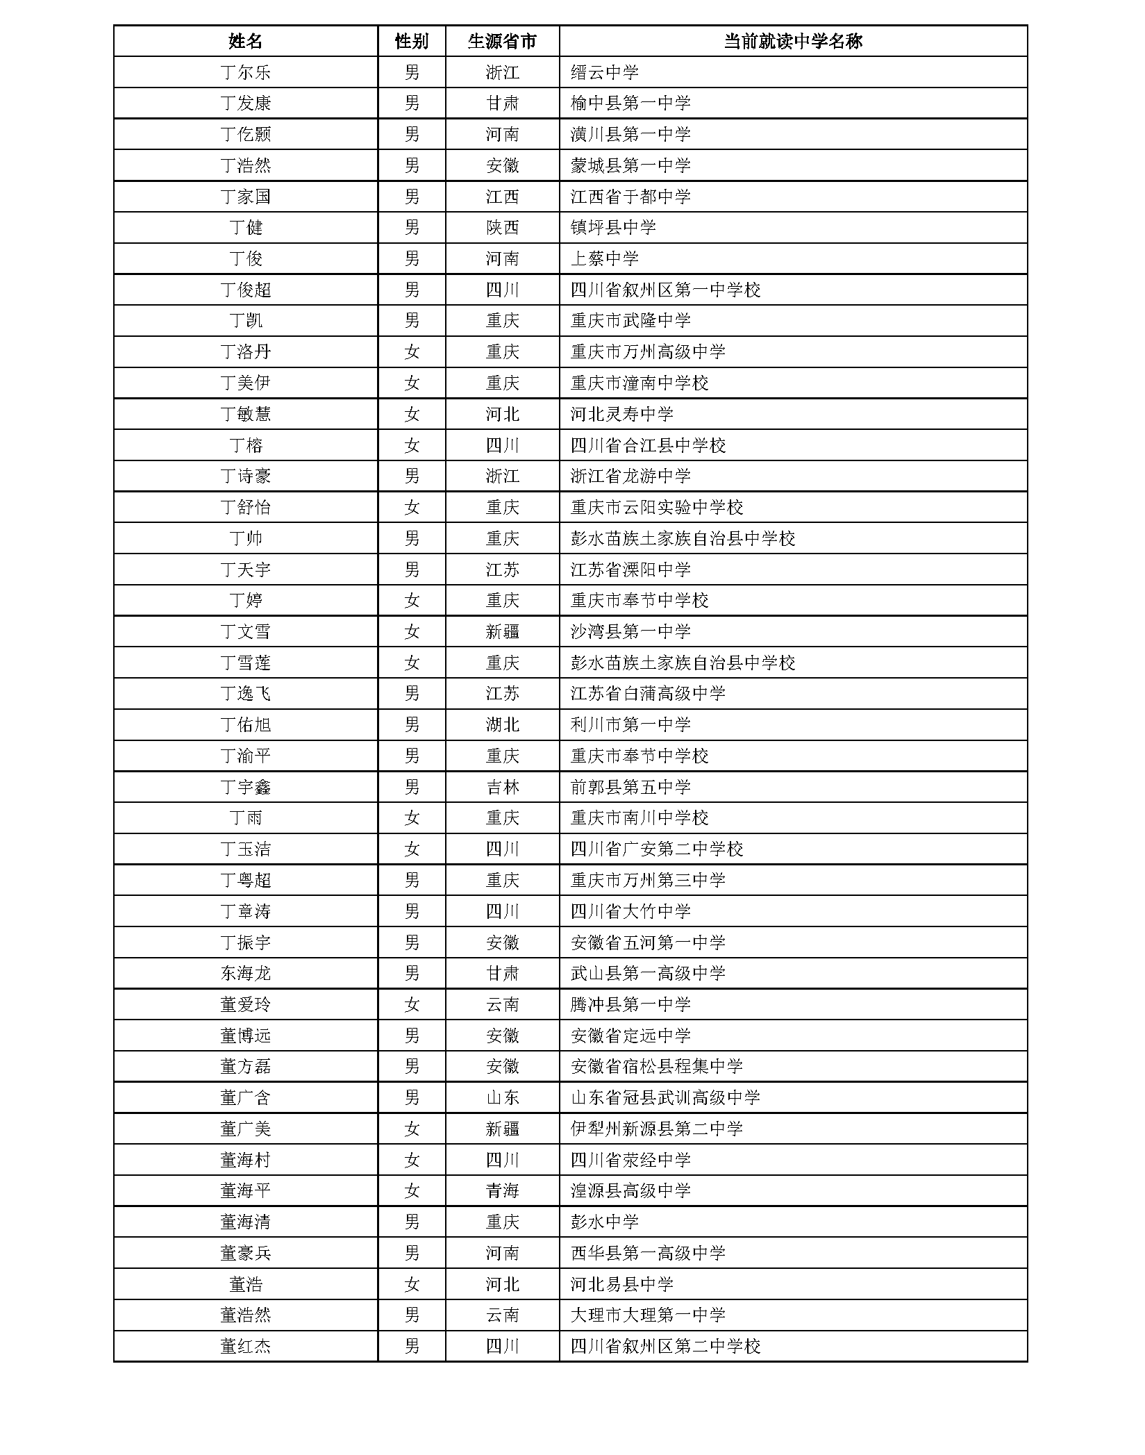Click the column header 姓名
point(245,41)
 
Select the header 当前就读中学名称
point(792,41)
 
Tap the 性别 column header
point(412,41)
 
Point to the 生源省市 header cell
point(502,41)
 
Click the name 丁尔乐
point(245,72)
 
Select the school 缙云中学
point(604,72)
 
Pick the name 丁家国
point(245,197)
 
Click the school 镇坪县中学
point(613,227)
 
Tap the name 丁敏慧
point(245,414)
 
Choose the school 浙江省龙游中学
point(630,476)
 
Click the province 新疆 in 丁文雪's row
point(502,631)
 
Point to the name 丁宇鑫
point(245,787)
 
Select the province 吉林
point(502,787)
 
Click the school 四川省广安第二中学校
point(657,849)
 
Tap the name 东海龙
point(245,973)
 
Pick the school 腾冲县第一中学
point(630,1004)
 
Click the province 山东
point(502,1097)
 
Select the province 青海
point(502,1190)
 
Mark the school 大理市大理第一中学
point(648,1315)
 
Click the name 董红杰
point(245,1346)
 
